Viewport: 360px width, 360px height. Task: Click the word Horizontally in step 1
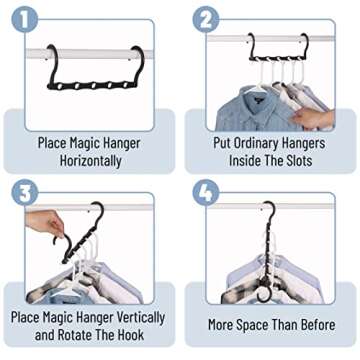[89, 160]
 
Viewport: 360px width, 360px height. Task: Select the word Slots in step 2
[289, 160]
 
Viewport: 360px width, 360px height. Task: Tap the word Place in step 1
[54, 142]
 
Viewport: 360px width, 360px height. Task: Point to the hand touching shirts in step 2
[318, 118]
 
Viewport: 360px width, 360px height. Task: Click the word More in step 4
[222, 325]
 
